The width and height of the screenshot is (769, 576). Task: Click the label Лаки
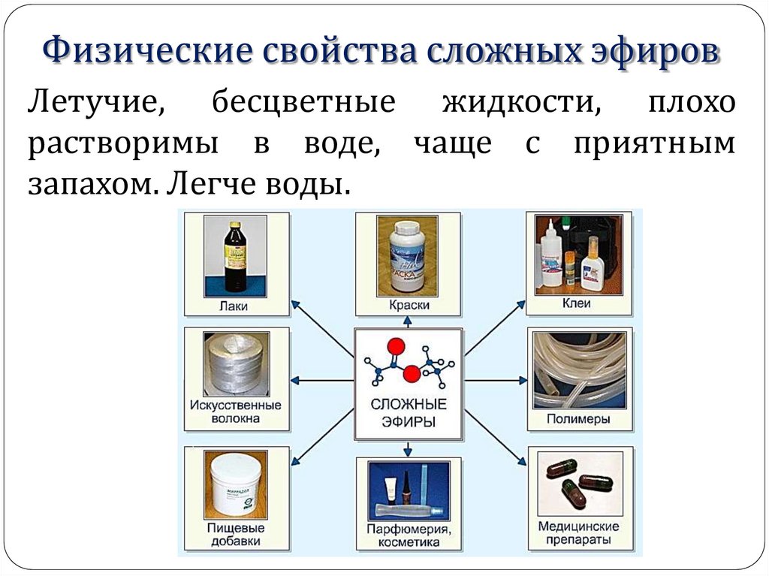click(x=235, y=306)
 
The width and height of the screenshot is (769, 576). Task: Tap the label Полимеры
click(x=579, y=419)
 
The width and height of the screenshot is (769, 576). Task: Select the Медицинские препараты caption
click(x=579, y=533)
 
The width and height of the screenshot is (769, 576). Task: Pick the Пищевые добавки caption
click(x=235, y=533)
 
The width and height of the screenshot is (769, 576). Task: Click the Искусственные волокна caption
click(x=235, y=412)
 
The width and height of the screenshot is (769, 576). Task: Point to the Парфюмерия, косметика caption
click(x=409, y=535)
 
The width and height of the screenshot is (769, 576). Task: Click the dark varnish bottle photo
click(x=234, y=257)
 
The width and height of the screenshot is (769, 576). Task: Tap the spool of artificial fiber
click(x=236, y=364)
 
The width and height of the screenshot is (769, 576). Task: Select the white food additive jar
click(x=235, y=484)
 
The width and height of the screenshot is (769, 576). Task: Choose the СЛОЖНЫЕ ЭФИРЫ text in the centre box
click(x=409, y=412)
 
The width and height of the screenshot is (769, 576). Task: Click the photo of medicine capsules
click(x=579, y=483)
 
